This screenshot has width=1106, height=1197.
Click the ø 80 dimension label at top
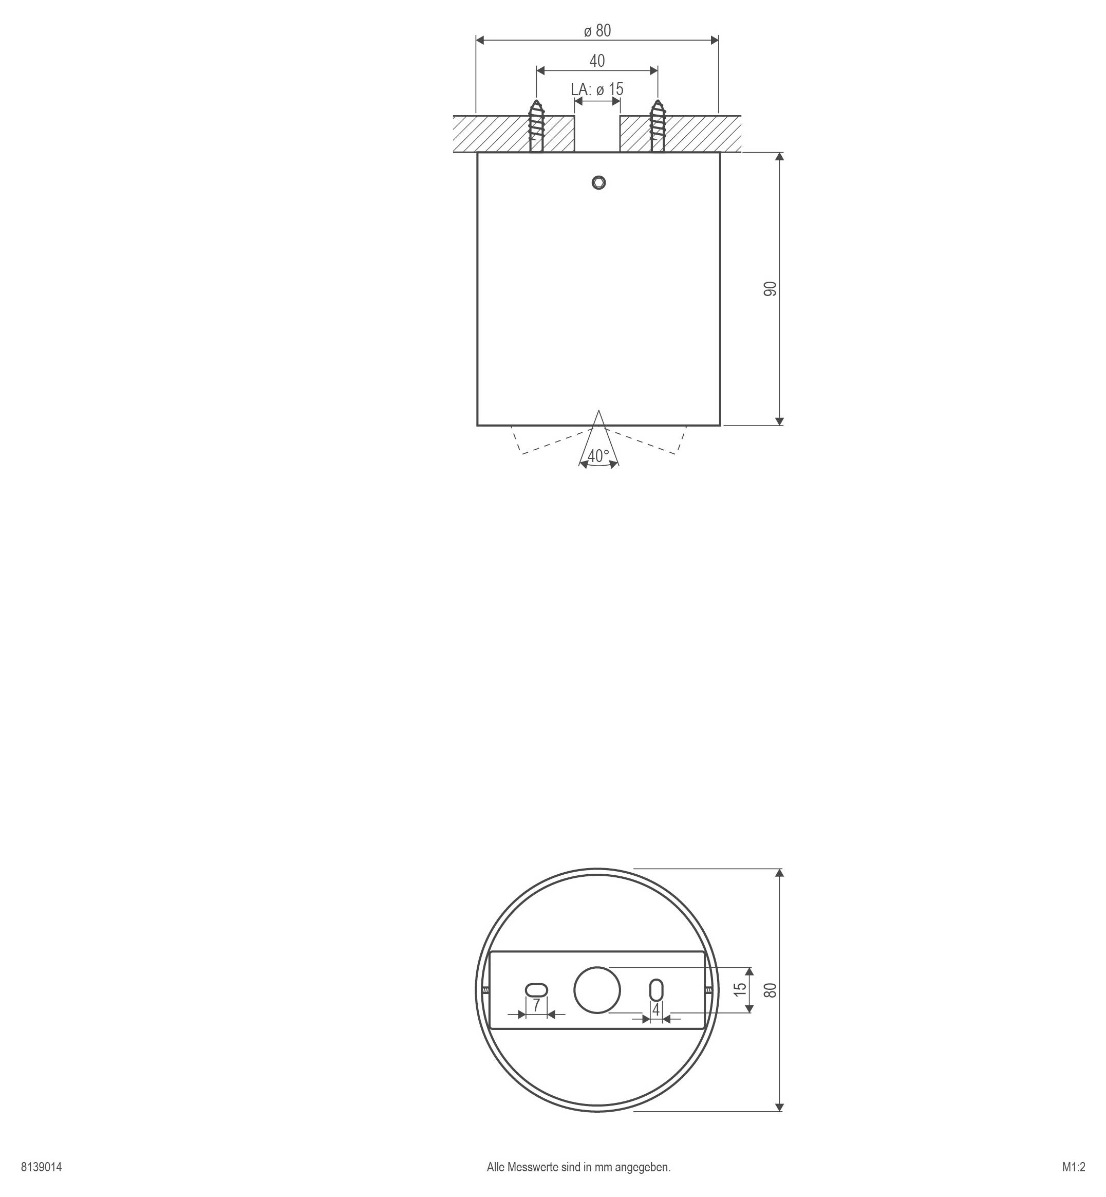597,30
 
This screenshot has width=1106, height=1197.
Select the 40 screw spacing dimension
597,61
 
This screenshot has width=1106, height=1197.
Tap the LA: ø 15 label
597,89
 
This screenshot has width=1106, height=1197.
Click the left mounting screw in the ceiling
536,126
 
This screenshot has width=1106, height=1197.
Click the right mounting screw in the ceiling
658,126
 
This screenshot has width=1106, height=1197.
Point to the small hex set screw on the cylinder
598,182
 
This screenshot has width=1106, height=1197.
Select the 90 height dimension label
771,289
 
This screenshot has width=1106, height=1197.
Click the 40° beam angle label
598,456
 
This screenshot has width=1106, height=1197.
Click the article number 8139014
41,1167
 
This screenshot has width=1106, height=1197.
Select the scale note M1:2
1074,1167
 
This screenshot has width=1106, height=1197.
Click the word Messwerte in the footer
528,1167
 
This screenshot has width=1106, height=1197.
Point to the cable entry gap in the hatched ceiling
597,134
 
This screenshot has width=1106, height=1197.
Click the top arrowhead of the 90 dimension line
779,157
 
